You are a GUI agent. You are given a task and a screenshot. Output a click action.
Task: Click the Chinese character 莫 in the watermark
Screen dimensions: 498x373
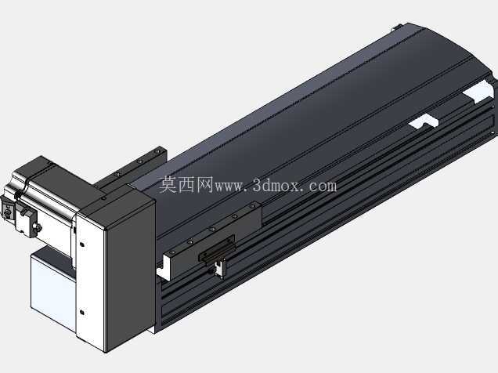(168, 185)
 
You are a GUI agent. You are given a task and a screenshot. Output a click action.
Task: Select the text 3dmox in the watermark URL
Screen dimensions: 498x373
(276, 186)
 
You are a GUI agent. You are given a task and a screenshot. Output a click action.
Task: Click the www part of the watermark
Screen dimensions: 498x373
(229, 187)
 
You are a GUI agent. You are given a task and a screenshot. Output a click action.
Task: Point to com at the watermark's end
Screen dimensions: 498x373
(322, 186)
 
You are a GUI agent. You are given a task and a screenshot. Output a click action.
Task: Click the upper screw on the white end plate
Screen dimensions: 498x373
(82, 244)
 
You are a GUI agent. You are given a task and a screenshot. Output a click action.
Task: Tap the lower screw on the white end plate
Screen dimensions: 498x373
(82, 313)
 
